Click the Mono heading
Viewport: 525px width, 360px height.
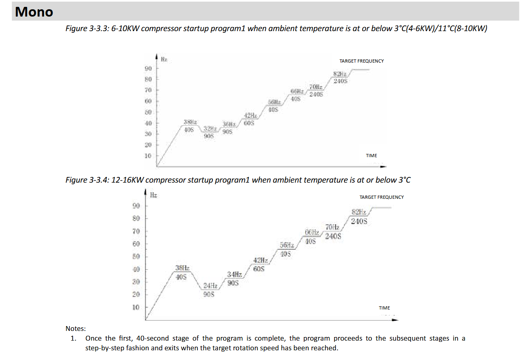34,12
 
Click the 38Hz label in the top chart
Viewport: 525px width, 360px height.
190,122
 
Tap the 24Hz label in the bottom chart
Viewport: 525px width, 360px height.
210,286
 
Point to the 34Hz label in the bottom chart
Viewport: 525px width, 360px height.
234,275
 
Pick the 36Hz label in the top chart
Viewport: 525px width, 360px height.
229,124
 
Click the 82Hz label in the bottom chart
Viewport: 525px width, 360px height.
359,212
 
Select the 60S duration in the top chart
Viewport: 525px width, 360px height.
249,123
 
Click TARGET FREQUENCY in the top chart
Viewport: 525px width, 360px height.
361,61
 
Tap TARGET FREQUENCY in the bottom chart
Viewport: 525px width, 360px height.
381,197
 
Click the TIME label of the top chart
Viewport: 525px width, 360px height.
371,156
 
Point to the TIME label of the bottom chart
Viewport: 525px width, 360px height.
384,308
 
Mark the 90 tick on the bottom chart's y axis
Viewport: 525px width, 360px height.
136,206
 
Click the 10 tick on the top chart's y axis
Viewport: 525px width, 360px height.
148,156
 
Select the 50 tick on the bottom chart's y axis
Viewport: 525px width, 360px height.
136,257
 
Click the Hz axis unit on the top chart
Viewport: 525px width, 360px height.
164,59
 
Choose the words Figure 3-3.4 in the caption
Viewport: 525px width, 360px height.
86,180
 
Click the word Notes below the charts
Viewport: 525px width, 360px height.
76,329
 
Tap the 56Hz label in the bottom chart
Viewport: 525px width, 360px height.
286,245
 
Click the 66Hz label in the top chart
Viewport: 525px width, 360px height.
297,91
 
